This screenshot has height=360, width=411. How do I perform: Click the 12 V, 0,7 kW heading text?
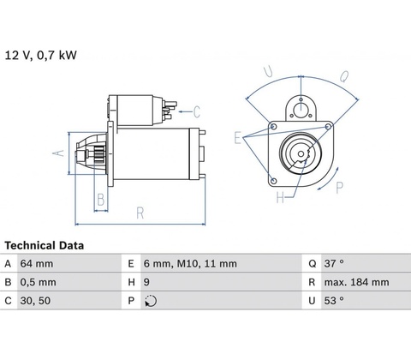point(41,55)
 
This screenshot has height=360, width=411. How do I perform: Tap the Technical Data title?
point(45,245)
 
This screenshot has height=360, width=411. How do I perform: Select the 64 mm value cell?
point(37,263)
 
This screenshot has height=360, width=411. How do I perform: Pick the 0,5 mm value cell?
point(38,282)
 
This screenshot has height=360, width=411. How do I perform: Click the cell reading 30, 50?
point(35,301)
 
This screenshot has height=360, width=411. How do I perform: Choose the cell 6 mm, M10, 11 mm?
point(190,263)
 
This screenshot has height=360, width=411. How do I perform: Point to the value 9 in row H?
point(146,282)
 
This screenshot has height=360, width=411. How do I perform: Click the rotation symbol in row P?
point(151,301)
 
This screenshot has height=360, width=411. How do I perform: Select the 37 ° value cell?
point(334,263)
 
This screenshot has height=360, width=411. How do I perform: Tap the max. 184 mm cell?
point(356,282)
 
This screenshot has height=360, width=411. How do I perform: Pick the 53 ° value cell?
point(334,301)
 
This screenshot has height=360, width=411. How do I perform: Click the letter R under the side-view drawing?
point(140,213)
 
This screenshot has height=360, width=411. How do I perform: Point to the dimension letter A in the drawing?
point(59,153)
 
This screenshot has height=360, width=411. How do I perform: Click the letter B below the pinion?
point(101,200)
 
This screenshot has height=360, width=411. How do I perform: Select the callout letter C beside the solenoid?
point(197,111)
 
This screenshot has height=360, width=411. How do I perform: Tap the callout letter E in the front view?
point(237,138)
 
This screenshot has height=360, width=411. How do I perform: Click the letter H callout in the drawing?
point(280,197)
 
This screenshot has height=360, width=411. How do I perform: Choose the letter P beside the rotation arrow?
point(339,188)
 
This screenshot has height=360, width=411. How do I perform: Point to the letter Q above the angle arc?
point(344,76)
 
